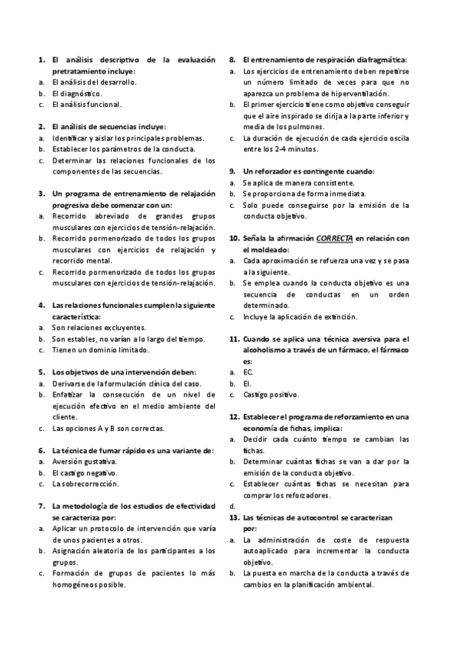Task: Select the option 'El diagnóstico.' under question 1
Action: point(76,93)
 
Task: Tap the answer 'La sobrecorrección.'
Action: point(85,484)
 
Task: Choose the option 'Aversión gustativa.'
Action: point(84,462)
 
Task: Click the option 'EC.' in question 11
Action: point(248,372)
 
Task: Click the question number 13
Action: point(235,517)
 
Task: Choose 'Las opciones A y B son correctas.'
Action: point(107,429)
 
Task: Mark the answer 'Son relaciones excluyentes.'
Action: point(99,327)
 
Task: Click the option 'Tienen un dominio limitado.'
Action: point(100,350)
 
